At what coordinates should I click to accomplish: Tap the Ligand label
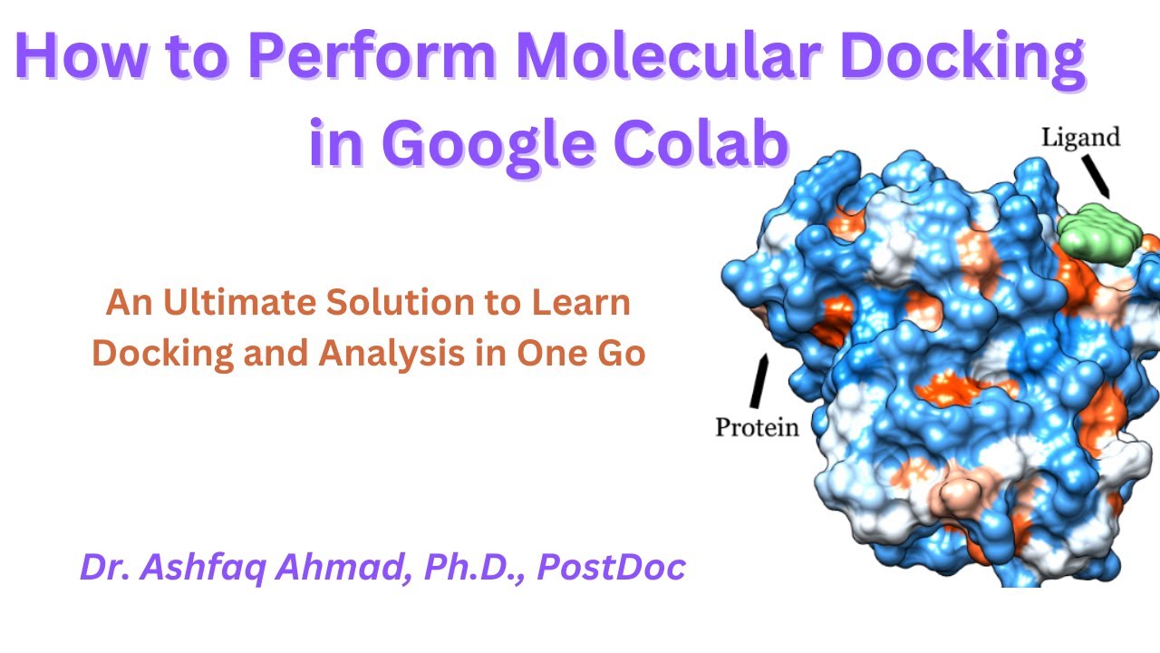[1080, 138]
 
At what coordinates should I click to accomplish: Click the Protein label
[757, 426]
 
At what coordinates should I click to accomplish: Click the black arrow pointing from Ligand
[1097, 174]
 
